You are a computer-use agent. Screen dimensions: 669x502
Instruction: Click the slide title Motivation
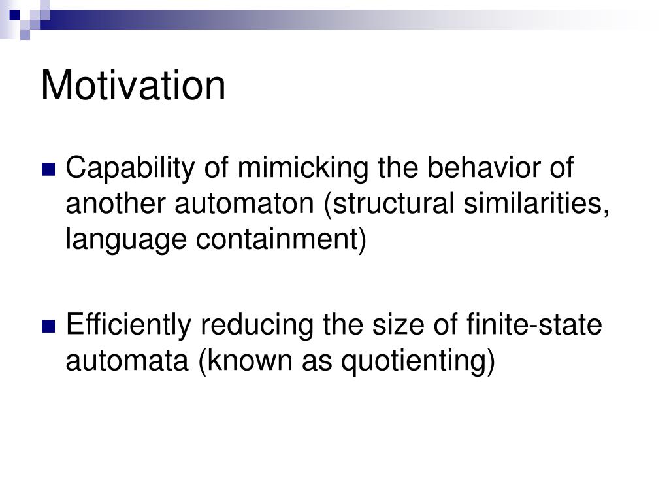point(133,86)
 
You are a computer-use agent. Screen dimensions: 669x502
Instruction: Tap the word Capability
point(130,168)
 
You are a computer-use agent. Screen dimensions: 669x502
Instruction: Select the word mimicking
point(303,168)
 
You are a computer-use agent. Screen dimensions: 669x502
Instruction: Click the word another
point(115,203)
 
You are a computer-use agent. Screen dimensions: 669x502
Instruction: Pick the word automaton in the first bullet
point(244,204)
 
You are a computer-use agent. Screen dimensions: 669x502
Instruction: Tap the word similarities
point(536,204)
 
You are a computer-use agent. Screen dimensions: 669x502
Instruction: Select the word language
point(126,240)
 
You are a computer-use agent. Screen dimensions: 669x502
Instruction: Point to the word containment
point(281,240)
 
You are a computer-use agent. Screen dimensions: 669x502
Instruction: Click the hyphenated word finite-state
point(534,324)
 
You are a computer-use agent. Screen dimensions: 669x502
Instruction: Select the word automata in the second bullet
point(127,361)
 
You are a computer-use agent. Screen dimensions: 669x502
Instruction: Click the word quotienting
point(417,361)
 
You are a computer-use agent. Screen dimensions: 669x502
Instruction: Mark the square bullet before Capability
point(48,169)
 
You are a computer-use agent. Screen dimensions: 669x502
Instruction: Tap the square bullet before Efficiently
point(48,326)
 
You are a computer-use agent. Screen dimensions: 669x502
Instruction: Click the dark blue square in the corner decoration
point(14,15)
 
